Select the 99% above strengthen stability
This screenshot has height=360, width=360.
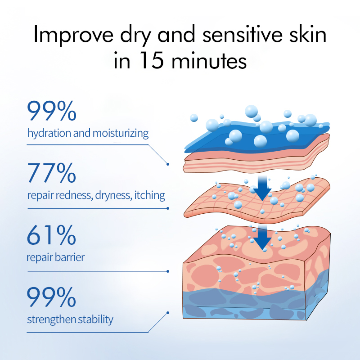point(51,297)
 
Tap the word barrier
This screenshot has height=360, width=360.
point(71,258)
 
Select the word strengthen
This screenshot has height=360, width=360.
point(49,320)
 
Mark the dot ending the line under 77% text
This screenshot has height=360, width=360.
point(168,208)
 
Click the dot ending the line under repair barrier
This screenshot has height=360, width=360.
point(168,271)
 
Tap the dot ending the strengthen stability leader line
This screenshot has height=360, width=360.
point(168,313)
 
